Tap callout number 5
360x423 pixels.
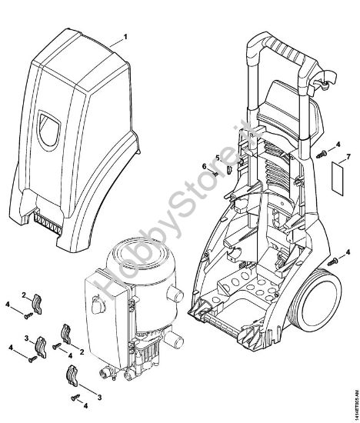217,159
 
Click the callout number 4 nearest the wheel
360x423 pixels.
348,251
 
